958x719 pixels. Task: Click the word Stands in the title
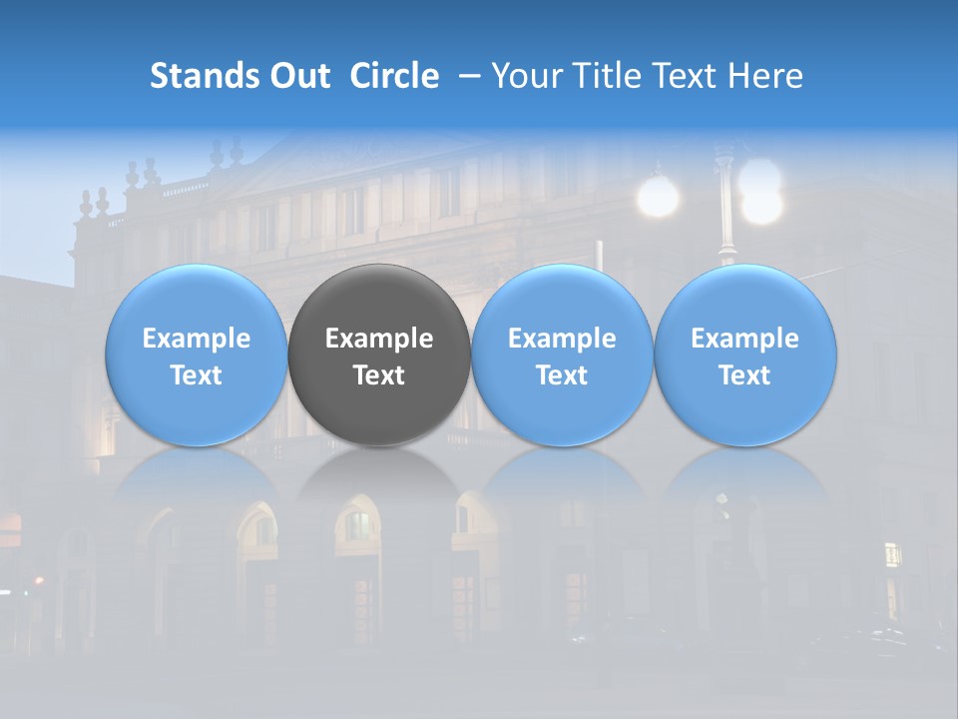(x=198, y=76)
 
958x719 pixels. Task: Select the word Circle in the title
(x=394, y=76)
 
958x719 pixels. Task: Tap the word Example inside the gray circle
(x=379, y=339)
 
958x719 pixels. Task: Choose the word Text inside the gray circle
(x=379, y=375)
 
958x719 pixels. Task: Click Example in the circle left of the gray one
(x=197, y=339)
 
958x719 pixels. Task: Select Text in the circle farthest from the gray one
(x=745, y=375)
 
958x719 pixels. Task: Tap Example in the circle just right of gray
(x=562, y=339)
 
